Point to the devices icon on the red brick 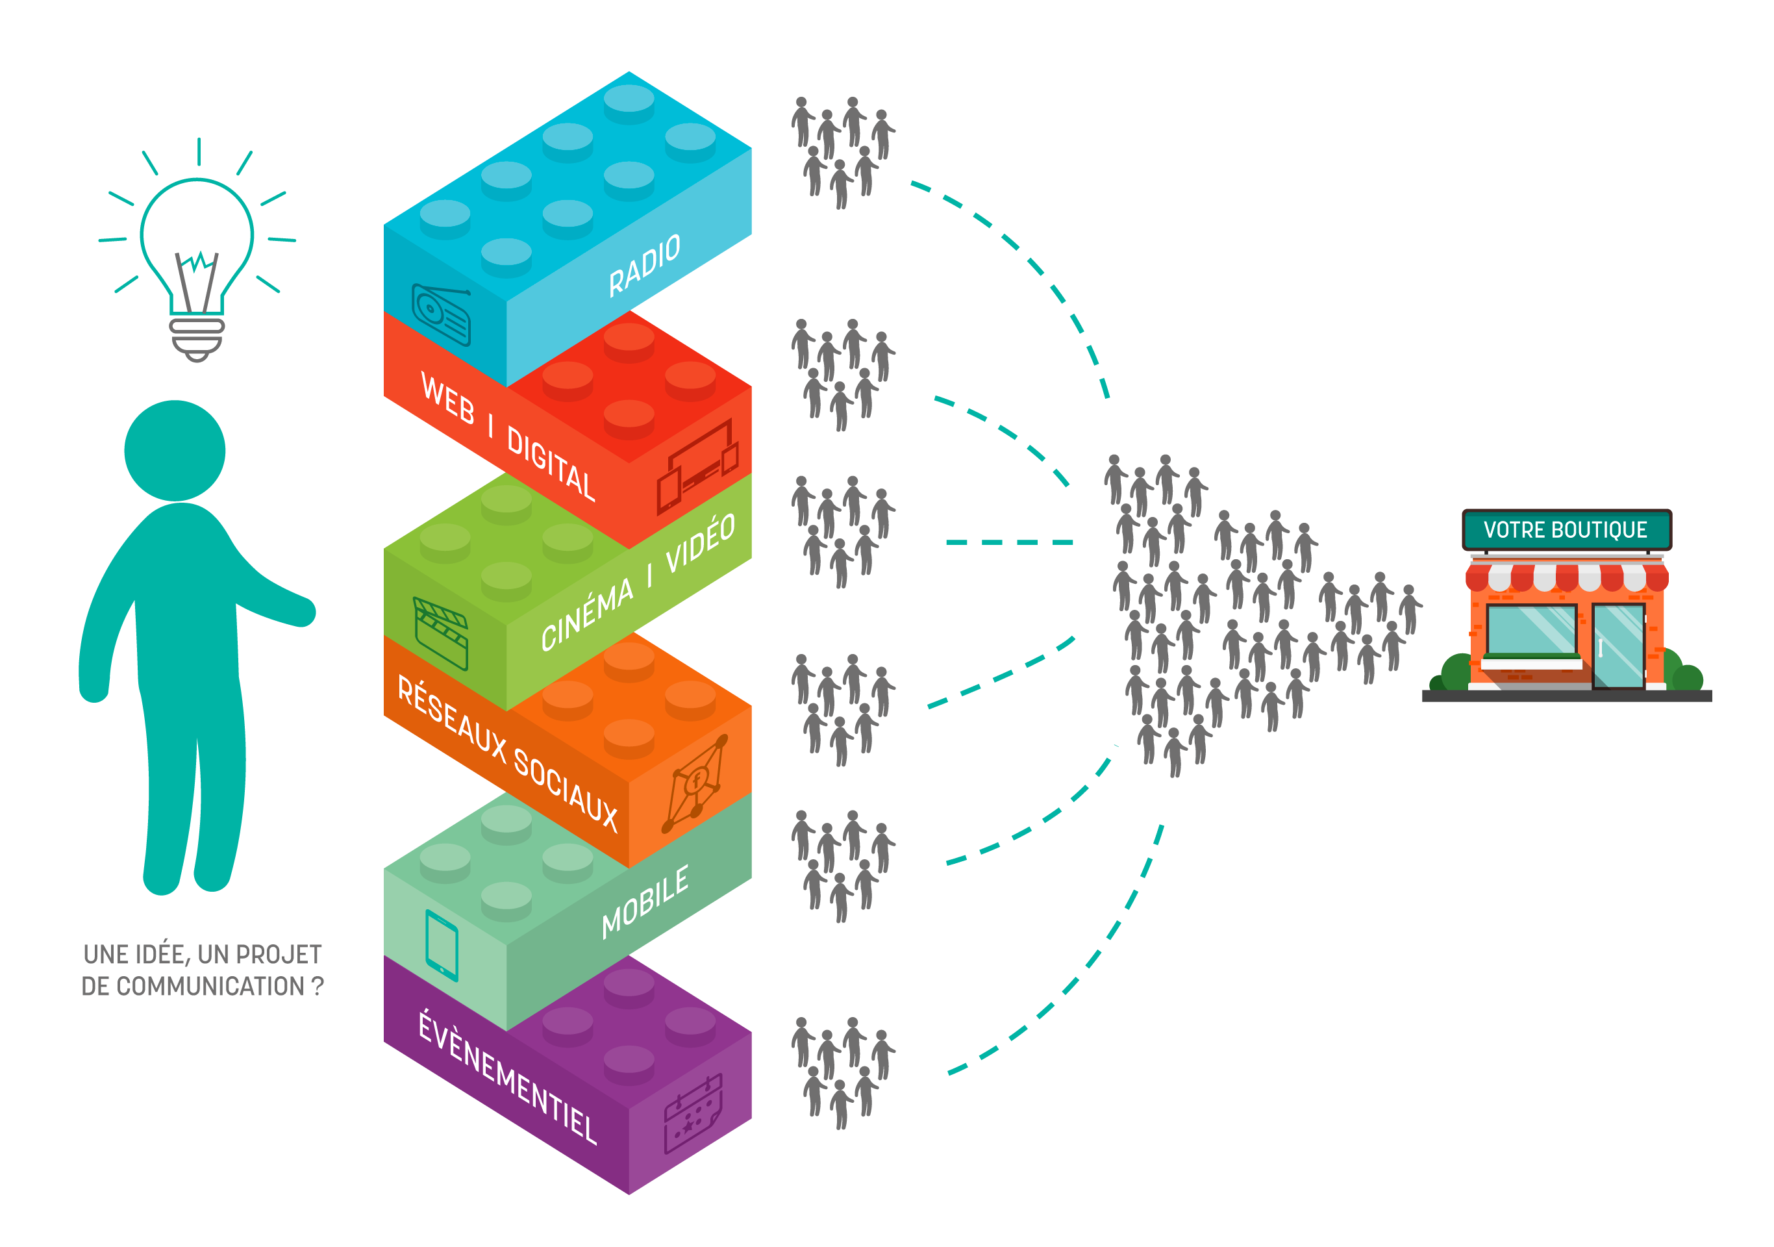697,468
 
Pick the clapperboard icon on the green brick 441,633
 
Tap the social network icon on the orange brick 696,783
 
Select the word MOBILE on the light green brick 645,901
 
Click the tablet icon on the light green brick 442,945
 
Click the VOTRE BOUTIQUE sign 1566,530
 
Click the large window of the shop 1530,630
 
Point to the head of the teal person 175,451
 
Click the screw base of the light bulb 197,338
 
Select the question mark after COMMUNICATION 317,987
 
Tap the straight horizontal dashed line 1009,542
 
